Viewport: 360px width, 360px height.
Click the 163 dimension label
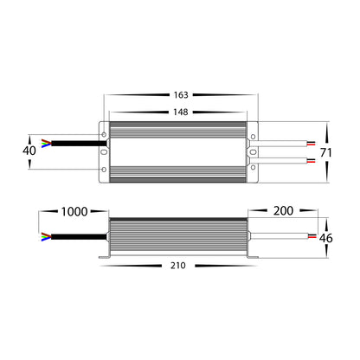tap(181, 95)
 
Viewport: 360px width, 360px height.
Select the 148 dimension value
tap(181, 112)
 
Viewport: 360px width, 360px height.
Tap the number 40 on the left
tap(29, 151)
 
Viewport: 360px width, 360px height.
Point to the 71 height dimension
tap(326, 152)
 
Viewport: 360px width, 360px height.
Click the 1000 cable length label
tap(74, 212)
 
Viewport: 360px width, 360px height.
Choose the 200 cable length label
tap(283, 211)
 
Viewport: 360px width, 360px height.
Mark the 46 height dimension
tap(326, 238)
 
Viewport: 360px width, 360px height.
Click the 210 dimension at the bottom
tap(178, 266)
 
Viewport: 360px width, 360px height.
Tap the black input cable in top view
tap(79, 144)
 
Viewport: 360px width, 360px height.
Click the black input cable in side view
tap(79, 237)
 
